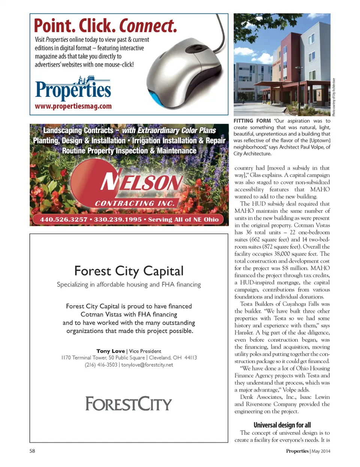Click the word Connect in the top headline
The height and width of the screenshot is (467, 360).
[x=148, y=26]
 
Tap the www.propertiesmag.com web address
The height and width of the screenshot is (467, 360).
[x=73, y=106]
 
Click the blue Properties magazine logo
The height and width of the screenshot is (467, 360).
[x=73, y=89]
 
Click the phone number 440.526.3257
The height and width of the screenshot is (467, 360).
[x=63, y=219]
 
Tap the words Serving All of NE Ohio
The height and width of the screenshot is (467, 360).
[x=183, y=219]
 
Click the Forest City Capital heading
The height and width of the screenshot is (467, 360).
[x=129, y=271]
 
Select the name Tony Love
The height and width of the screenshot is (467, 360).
[x=110, y=351]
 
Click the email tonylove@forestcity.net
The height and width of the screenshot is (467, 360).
[x=147, y=365]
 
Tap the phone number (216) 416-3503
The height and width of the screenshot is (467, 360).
[x=101, y=365]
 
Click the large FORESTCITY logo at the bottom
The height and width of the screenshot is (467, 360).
[x=129, y=404]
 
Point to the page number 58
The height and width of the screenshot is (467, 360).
[x=32, y=451]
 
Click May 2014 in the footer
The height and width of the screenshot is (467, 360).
[x=321, y=451]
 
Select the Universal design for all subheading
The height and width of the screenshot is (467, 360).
[x=282, y=425]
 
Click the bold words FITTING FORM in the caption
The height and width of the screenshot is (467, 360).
[x=252, y=121]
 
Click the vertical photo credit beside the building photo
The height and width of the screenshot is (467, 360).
[x=334, y=97]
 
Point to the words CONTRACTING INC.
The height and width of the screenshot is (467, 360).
[x=134, y=203]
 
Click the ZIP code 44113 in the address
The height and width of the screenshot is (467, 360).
[x=190, y=357]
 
